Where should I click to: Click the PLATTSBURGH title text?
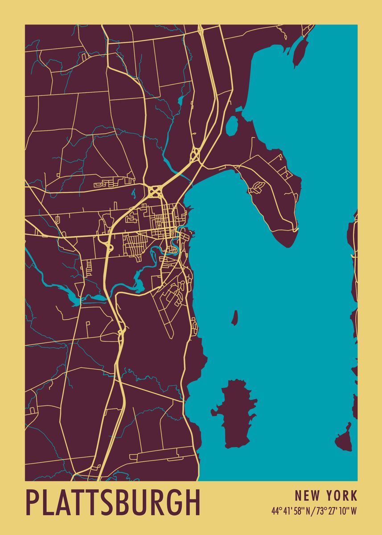(113, 503)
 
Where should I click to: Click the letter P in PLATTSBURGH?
(32, 503)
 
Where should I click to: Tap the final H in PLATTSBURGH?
(192, 503)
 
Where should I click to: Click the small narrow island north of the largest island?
(234, 317)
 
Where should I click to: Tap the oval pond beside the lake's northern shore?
(231, 126)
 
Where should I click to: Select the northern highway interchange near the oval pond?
(194, 155)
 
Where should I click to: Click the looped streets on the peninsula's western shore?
(256, 188)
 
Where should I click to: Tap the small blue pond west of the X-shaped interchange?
(133, 193)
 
